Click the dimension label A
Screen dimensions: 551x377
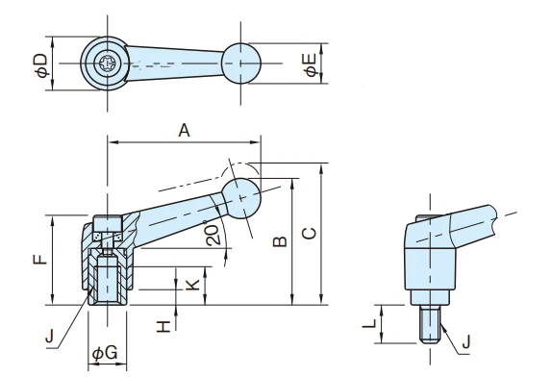coord(184,131)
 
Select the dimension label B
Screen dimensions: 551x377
coord(281,241)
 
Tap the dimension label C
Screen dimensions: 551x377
coord(310,234)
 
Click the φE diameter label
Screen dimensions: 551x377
coord(311,64)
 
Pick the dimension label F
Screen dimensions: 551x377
coord(40,259)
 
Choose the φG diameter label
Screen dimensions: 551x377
coord(105,353)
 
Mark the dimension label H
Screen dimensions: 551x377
coord(163,327)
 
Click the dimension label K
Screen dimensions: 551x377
coord(192,285)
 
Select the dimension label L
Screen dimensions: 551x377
coord(369,323)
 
